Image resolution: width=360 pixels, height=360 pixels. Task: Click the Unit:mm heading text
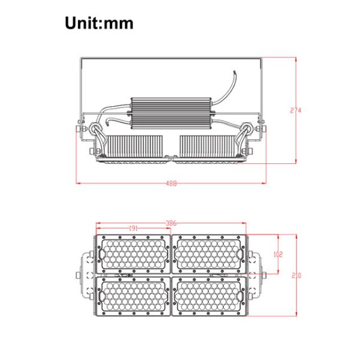click(99, 23)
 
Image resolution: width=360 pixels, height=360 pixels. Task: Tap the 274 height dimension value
click(295, 110)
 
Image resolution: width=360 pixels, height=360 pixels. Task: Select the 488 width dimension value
click(171, 184)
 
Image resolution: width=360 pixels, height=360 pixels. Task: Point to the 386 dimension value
click(171, 223)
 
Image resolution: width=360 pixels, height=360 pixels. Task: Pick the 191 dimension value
click(133, 229)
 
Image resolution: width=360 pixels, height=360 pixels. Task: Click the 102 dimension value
click(278, 254)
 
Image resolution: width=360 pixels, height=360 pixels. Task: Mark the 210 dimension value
click(296, 275)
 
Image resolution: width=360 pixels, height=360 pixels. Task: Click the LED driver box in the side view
click(171, 113)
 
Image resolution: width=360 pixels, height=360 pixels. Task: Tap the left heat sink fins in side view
click(135, 146)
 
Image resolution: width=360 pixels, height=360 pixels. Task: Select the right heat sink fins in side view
click(208, 146)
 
